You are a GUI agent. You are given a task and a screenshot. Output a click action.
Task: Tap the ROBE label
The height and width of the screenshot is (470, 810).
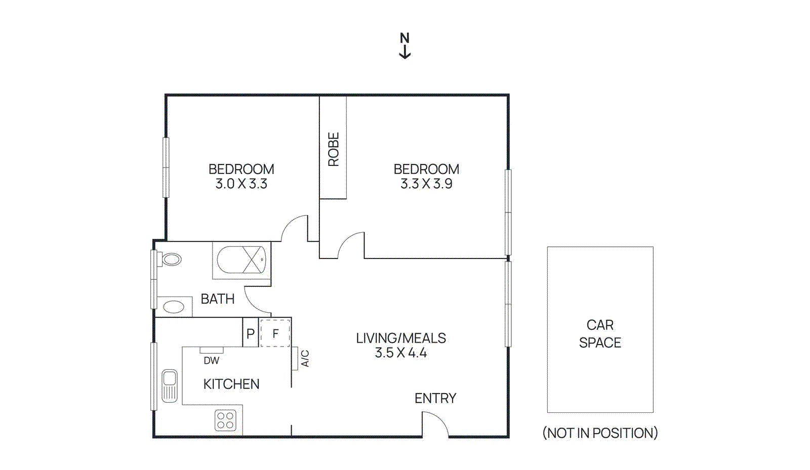tap(333, 149)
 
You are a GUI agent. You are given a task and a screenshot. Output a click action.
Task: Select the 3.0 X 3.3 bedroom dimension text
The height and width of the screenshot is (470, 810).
tap(241, 184)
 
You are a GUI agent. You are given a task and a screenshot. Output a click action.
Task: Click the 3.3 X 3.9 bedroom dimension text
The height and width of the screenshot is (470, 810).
tap(426, 184)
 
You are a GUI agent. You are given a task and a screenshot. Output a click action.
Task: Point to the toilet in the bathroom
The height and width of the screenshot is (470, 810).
tap(171, 260)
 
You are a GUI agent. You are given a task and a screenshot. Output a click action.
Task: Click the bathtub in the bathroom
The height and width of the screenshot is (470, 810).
tap(241, 260)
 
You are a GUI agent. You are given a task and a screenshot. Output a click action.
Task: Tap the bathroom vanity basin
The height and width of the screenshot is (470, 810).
tap(174, 307)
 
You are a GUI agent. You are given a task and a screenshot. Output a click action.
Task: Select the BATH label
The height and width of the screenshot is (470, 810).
tap(218, 299)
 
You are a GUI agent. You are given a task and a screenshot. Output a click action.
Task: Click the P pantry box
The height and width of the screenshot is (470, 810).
tap(250, 333)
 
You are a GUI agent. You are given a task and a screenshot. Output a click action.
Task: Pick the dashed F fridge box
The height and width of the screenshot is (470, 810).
tap(275, 333)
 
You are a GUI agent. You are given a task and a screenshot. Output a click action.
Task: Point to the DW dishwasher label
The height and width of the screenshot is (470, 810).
tap(211, 361)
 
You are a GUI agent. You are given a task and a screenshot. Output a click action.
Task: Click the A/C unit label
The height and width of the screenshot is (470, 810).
tap(305, 358)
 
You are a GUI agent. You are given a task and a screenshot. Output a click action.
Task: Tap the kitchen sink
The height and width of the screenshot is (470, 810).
tap(170, 386)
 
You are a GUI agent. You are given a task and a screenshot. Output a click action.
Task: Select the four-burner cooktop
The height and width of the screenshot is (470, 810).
tap(225, 420)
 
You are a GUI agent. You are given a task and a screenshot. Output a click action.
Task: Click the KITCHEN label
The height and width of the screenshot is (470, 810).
tap(231, 384)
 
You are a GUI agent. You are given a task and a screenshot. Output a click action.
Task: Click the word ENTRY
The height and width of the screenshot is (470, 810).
tap(435, 399)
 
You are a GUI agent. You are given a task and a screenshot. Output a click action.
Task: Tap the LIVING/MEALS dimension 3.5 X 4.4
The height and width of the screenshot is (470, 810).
tap(401, 353)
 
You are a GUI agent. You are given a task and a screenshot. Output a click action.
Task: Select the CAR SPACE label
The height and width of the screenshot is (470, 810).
tap(600, 334)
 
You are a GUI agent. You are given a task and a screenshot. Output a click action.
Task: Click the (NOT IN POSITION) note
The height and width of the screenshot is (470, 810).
tap(600, 433)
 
